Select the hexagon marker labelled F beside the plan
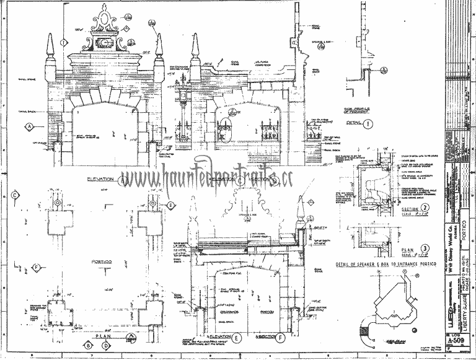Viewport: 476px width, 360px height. click(x=37, y=267)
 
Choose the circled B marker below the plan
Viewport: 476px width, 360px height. click(x=89, y=345)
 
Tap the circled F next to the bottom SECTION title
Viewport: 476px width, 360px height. click(x=283, y=338)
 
